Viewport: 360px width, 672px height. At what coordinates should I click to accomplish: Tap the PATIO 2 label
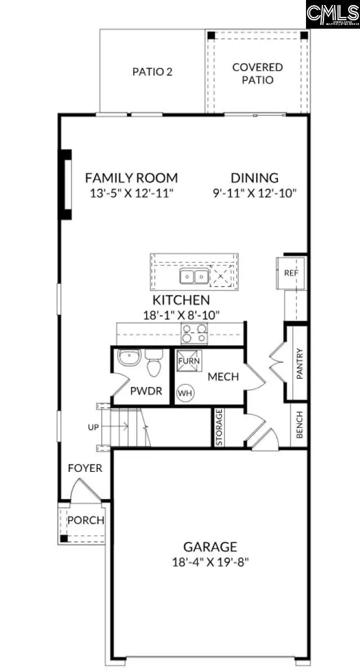click(x=152, y=72)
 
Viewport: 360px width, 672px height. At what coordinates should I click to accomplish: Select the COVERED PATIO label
click(x=258, y=74)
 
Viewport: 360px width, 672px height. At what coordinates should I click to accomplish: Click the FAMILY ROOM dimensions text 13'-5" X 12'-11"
click(x=131, y=193)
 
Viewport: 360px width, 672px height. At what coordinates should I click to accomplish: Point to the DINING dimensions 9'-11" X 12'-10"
click(x=254, y=193)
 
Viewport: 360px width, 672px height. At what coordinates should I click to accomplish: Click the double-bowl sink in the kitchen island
click(x=193, y=277)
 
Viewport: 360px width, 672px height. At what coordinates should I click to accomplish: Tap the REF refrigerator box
click(x=291, y=273)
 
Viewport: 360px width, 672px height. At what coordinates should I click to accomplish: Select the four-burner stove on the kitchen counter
click(x=193, y=335)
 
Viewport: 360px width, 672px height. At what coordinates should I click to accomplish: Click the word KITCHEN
click(x=181, y=300)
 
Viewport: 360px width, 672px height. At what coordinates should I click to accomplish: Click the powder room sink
click(x=129, y=358)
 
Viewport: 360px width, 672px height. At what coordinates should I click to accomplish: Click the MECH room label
click(x=223, y=376)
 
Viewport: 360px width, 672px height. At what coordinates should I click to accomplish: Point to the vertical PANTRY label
click(x=300, y=364)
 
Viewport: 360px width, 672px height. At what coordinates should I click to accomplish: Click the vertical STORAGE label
click(x=219, y=427)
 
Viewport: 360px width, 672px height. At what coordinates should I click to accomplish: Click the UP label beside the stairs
click(x=93, y=427)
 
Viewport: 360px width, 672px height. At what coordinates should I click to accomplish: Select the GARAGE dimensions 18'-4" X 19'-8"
click(x=210, y=561)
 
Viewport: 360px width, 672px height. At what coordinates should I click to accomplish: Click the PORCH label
click(x=85, y=520)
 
